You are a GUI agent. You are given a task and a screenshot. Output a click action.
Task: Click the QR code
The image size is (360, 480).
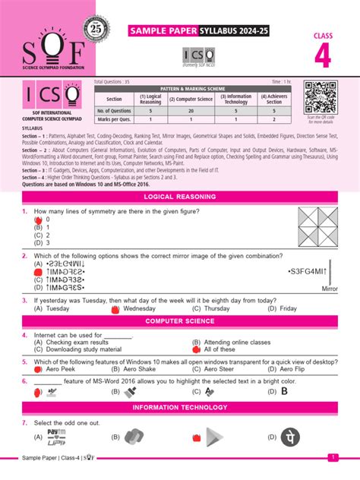click(320, 97)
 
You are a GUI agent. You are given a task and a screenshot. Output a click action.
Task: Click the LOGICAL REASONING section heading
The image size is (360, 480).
click(180, 197)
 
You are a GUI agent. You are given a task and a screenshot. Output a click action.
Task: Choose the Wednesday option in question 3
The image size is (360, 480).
click(138, 309)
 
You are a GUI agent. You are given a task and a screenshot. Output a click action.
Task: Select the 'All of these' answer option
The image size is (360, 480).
click(219, 349)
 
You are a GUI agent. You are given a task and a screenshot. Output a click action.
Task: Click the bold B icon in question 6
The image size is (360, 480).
click(284, 392)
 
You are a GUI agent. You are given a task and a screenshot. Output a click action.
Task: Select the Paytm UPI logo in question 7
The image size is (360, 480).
click(56, 436)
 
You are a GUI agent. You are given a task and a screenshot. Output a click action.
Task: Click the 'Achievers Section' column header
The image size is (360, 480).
click(273, 99)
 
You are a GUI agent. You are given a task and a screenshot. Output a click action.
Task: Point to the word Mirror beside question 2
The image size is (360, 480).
click(329, 289)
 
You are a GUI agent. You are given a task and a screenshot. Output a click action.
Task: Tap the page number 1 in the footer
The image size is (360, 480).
click(333, 457)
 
